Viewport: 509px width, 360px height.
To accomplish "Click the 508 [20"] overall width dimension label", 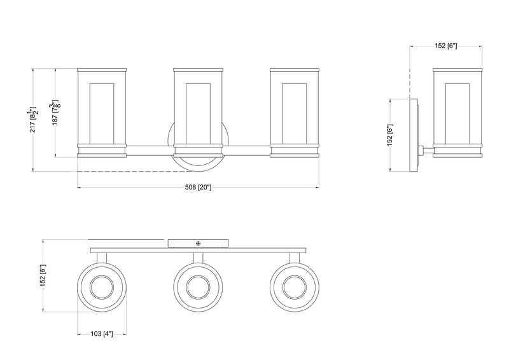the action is point(198,187).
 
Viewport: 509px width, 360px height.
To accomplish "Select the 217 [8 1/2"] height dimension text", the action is point(34,119).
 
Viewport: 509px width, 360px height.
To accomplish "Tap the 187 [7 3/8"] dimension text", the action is point(55,113).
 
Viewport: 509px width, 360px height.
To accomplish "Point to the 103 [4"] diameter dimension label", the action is point(102,334).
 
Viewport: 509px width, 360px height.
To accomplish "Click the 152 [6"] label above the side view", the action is point(446,46).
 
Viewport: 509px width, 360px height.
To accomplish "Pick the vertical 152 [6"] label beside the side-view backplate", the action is point(390,135).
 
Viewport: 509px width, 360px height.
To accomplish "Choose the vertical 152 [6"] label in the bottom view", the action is point(43,275).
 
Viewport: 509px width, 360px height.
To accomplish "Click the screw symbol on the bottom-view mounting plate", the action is point(198,243).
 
